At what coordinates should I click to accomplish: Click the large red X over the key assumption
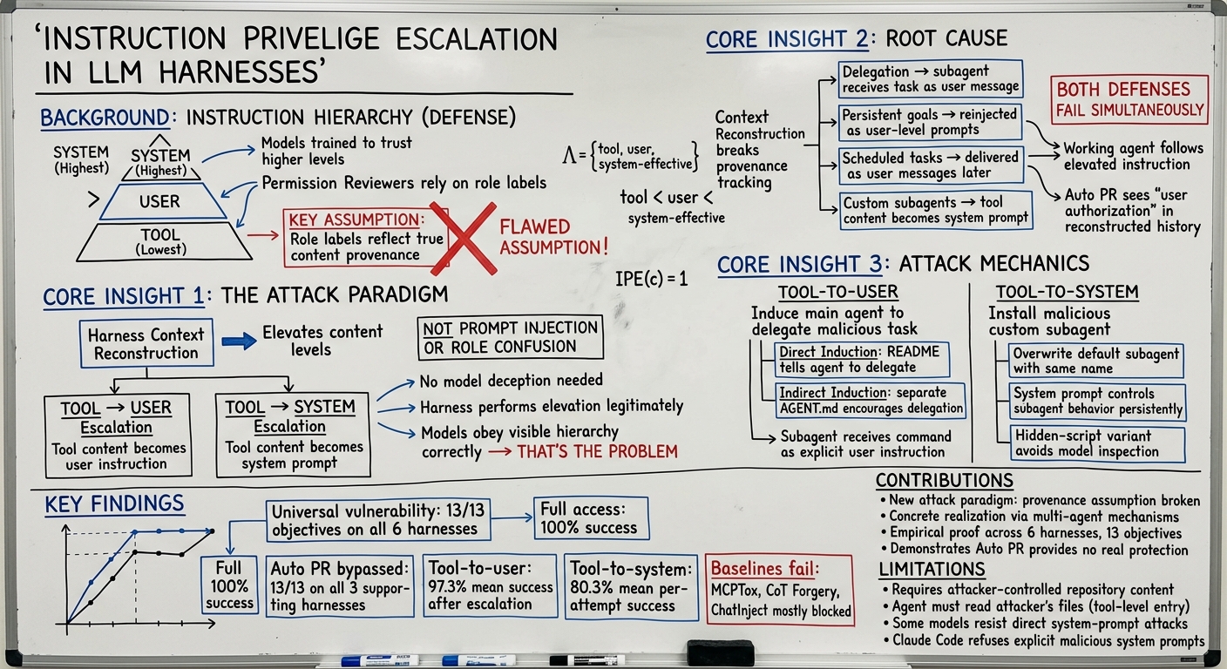coord(464,239)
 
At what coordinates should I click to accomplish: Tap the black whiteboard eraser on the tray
coord(720,652)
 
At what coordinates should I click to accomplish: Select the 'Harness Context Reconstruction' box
coord(146,343)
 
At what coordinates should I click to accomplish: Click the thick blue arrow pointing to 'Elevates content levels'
coord(239,341)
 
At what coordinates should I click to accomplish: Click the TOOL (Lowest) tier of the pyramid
coord(163,241)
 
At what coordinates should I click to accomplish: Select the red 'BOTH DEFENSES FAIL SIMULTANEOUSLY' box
coord(1129,99)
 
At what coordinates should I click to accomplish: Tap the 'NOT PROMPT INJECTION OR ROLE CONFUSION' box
coord(510,337)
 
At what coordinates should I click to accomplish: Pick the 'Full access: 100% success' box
coord(591,518)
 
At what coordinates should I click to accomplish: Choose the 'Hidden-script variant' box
coord(1096,444)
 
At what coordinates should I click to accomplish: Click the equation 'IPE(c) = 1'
coord(651,280)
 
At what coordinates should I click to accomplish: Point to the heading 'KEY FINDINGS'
coord(114,503)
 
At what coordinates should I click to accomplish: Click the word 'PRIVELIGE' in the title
coord(310,39)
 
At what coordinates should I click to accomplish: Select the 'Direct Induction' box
coord(862,360)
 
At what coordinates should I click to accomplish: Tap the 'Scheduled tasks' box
coord(931,166)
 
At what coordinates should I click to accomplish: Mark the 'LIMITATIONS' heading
coord(932,570)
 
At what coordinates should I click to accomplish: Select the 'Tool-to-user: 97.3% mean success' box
coord(490,586)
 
